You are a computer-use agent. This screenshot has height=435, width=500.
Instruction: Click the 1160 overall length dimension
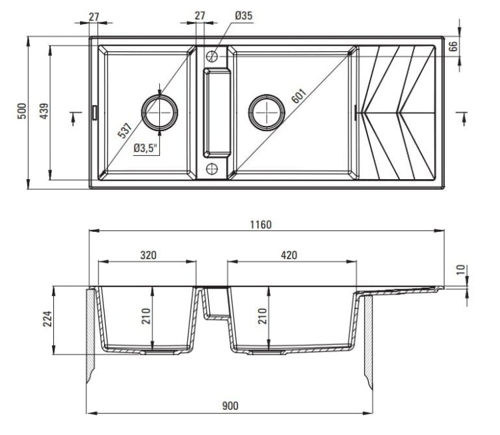point(261,224)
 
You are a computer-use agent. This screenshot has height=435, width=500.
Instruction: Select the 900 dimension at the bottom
point(230,406)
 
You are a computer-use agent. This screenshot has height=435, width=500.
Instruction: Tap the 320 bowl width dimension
point(147,254)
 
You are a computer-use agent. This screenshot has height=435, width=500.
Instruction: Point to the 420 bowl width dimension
point(288,254)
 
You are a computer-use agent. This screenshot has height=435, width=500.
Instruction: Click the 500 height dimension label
point(21,111)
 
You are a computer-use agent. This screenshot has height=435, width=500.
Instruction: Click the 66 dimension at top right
point(453,46)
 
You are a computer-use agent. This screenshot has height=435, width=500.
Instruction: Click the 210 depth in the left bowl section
point(145,314)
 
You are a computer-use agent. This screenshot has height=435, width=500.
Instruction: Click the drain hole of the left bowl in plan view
point(160,111)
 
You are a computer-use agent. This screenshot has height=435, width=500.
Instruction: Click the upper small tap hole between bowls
point(213,56)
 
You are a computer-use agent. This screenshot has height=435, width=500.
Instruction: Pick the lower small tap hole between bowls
point(213,167)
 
